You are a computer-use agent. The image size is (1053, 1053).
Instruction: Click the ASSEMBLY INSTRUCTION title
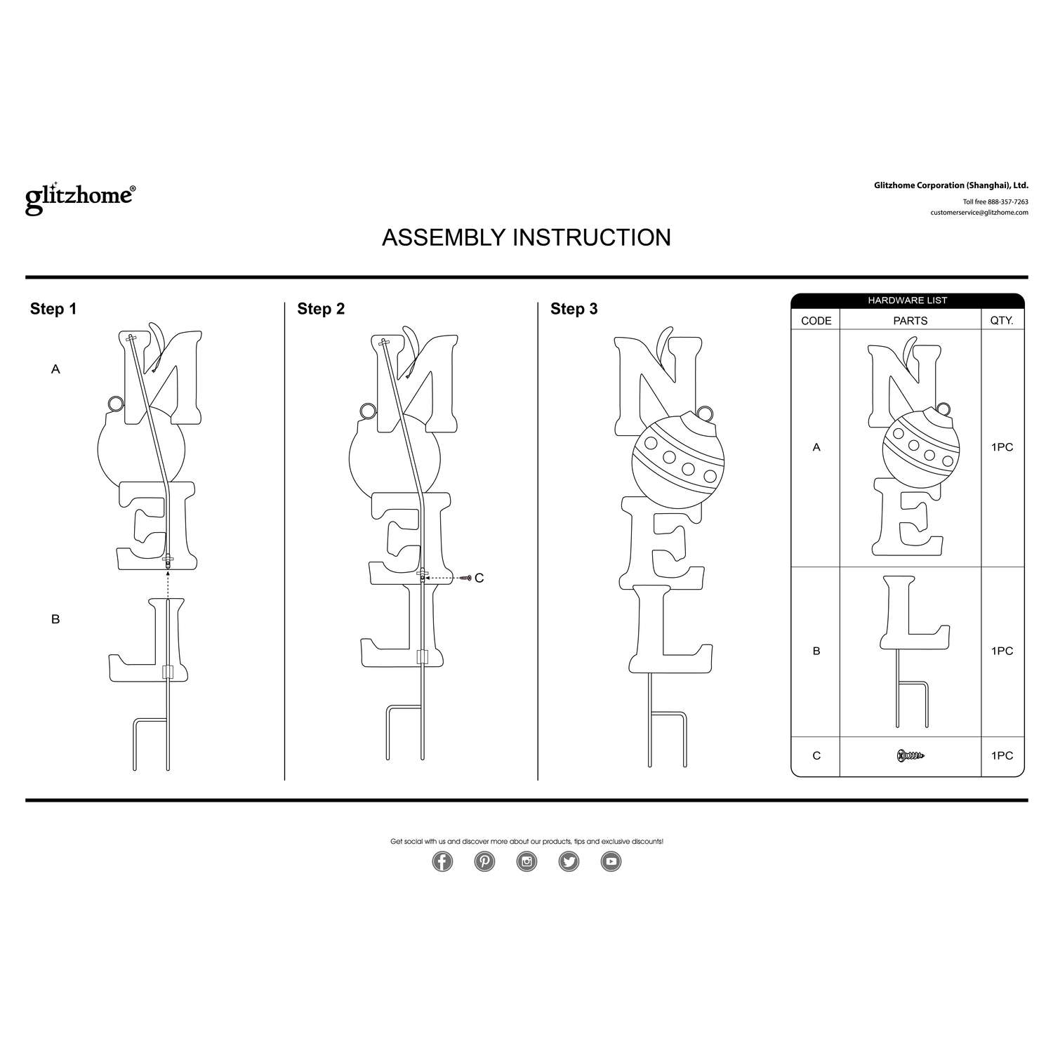[526, 237]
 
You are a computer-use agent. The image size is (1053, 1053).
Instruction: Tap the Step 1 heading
[53, 309]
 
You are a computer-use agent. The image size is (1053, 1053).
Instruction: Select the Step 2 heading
[321, 309]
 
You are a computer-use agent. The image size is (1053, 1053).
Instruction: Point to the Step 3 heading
[574, 309]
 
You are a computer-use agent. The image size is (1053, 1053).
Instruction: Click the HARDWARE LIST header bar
[907, 300]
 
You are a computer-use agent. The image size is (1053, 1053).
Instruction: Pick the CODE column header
[816, 321]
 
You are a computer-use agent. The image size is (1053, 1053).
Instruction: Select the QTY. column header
[1002, 321]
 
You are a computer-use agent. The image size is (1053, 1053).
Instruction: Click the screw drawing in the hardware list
[910, 756]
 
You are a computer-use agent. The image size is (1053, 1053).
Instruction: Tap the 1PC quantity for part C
[1002, 756]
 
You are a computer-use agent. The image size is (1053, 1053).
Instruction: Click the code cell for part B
[816, 651]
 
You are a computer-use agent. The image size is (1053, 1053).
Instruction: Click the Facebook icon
[442, 861]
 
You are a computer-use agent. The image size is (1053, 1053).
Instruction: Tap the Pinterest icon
[484, 861]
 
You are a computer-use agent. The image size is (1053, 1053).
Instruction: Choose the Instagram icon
[526, 861]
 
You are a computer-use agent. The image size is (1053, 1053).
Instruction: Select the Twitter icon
[569, 861]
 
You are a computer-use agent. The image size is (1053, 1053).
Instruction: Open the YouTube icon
[611, 861]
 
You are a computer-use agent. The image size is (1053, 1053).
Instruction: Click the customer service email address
[979, 212]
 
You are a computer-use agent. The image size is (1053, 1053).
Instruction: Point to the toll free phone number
[995, 201]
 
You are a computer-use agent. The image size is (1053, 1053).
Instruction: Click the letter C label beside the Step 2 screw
[479, 578]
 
